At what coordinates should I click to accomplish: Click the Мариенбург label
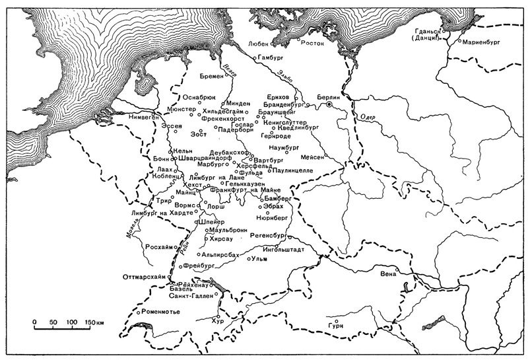pos(479,42)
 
